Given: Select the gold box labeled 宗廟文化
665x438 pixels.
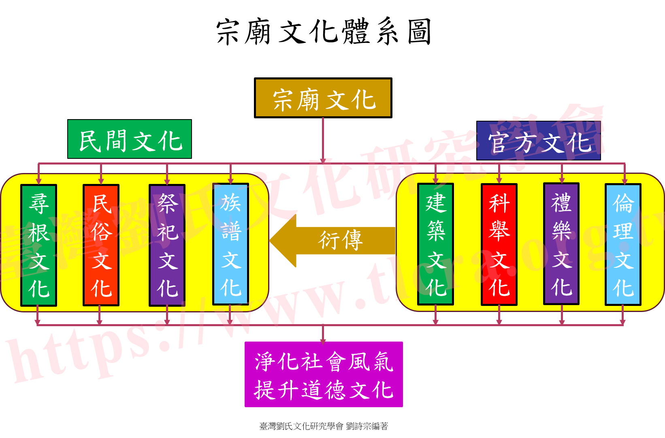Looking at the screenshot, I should pos(323,98).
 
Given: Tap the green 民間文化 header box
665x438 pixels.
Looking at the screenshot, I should pos(130,139).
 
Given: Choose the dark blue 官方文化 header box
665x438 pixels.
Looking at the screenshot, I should pos(538,141).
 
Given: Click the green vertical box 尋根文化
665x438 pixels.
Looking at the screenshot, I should pos(39,245).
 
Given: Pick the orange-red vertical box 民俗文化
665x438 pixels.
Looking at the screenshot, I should pos(101,245).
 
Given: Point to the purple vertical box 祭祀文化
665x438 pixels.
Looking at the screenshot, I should pos(167,245).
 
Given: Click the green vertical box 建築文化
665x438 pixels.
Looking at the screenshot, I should pos(435,244).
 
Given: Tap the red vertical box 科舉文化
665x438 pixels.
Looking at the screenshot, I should pos(499,244).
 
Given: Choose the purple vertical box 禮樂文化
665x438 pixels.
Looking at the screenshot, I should pos(561,244).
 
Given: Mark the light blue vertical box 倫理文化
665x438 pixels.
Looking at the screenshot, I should pos(623,244).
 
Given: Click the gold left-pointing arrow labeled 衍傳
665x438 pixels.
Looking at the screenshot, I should pos(332,241).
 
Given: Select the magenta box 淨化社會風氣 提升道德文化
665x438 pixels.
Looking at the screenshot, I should pos(324,374).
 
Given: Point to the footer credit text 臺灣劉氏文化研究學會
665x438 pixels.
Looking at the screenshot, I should pos(301,426).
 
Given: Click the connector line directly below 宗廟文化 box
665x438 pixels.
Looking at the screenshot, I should pos(323,140).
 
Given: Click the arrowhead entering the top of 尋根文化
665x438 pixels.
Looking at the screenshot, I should pos(38,181).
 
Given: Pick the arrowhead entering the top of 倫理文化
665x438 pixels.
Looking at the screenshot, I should pos(625,181).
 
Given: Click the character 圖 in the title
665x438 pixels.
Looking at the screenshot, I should pos(419,32).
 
